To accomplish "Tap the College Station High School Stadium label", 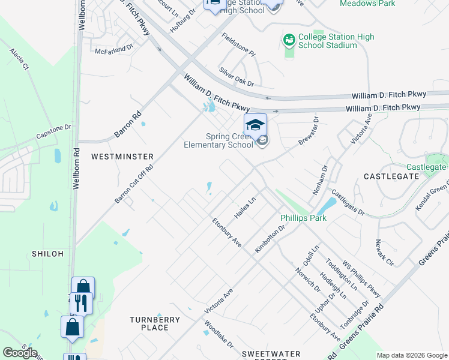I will coord(336,41).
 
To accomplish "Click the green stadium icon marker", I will coord(289,40).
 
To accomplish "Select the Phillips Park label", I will coord(303,218).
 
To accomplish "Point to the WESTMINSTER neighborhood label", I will coord(122,156).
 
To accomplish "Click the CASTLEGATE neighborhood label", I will coord(391,176).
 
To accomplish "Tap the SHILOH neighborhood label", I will coord(47,254).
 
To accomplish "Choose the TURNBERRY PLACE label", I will coord(155,323).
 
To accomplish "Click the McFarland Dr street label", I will coord(114,48).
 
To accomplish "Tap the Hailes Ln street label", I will coord(245,208).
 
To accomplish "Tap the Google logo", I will coord(20,353).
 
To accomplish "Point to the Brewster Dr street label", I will coord(310,132).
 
